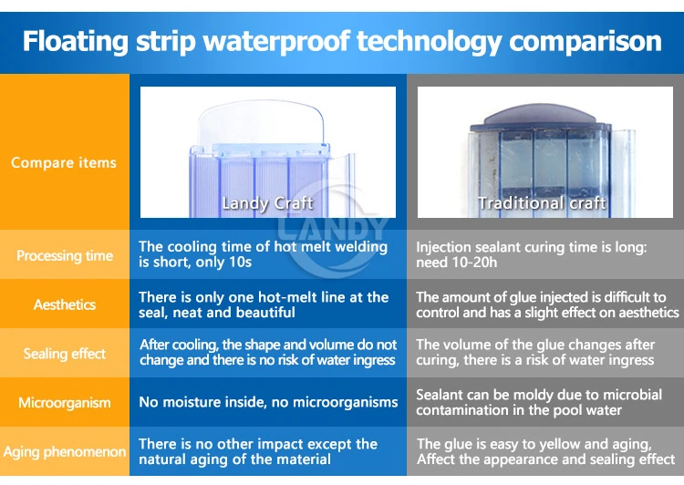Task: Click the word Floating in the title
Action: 76,42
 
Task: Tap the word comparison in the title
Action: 586,42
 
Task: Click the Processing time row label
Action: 65,255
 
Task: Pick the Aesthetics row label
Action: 65,304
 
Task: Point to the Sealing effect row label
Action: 65,354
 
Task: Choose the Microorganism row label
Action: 65,403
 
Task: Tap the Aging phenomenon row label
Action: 65,452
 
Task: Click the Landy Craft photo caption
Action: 267,203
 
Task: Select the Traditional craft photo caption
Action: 543,203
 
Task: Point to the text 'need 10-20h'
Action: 456,263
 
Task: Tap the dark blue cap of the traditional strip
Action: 540,114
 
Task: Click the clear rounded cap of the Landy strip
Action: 261,123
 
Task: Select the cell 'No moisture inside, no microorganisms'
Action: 268,402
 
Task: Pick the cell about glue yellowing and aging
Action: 545,451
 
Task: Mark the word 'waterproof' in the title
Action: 276,42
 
